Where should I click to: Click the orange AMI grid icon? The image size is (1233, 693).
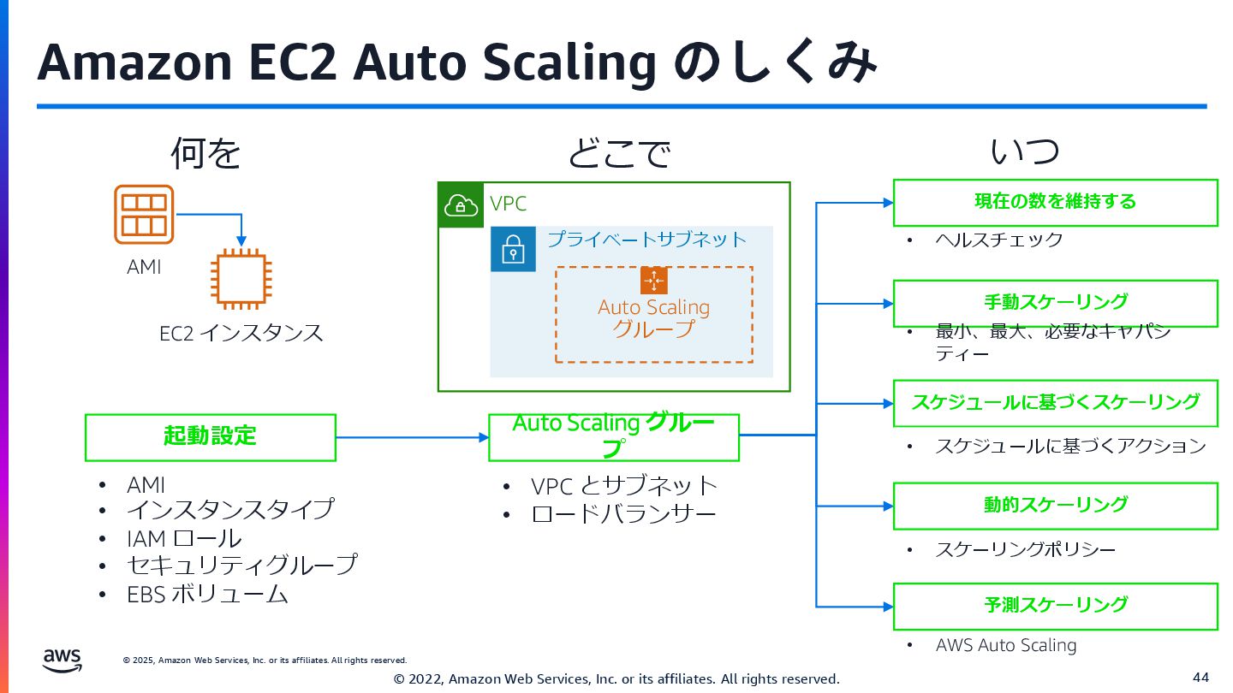144,214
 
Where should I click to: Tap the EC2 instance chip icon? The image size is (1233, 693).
241,277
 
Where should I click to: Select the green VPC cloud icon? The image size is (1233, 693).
461,204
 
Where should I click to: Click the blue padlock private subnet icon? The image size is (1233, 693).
513,249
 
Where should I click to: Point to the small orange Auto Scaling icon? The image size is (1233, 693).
653,281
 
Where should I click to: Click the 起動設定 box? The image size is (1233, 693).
210,436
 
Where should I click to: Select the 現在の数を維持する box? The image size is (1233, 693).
1055,202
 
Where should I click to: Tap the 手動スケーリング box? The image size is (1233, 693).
1055,303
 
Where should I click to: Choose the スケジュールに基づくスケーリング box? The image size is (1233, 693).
1055,403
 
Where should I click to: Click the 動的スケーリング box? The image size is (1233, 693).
1055,505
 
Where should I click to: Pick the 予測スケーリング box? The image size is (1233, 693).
1055,606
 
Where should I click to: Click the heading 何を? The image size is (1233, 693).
205,154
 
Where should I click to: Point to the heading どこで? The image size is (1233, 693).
618,154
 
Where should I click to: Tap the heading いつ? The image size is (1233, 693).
1025,152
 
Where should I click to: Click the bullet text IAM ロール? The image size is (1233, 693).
184,538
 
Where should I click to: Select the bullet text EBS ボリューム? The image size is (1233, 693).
207,594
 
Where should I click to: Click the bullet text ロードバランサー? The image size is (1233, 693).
623,513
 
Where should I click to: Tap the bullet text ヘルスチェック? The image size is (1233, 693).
999,240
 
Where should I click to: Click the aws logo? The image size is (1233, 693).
63,660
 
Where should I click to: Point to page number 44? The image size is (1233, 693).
1200,678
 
